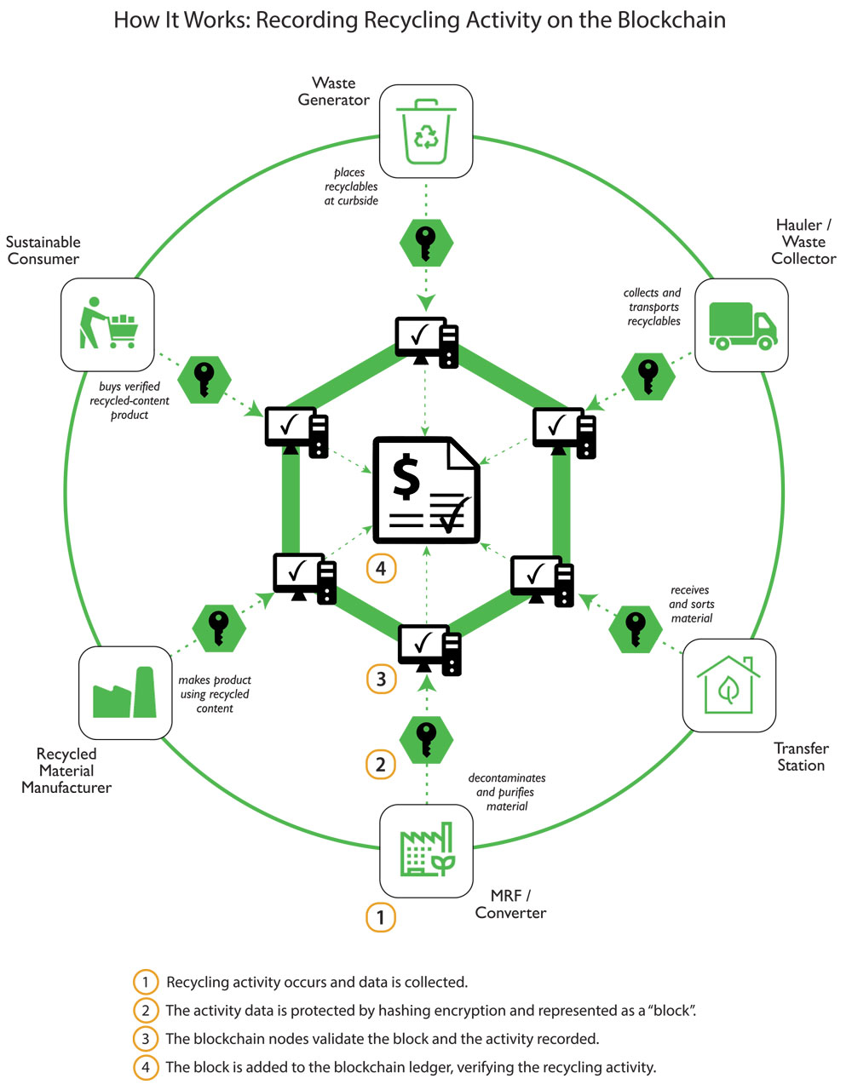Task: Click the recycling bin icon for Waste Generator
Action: [425, 131]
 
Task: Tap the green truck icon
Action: [741, 325]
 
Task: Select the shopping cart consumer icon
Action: [107, 324]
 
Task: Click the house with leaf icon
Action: [728, 686]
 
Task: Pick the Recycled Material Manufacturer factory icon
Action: [124, 692]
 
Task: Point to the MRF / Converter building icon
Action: [425, 851]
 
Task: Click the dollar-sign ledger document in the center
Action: [426, 490]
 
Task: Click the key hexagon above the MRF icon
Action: [426, 738]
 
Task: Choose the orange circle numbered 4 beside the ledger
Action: [381, 568]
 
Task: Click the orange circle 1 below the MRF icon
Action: [381, 917]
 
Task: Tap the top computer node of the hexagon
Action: [426, 341]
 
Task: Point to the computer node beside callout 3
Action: [429, 650]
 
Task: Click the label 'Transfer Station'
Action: [800, 756]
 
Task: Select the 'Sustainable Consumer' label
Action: [43, 250]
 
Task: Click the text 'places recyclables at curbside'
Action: [350, 186]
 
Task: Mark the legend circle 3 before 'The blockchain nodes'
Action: [146, 1039]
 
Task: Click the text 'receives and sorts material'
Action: [691, 604]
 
